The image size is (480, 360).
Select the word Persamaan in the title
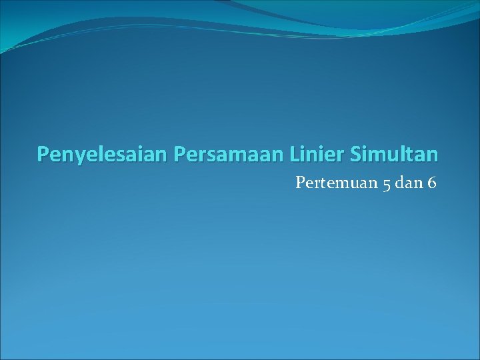coord(229,155)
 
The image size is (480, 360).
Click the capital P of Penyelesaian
coord(43,155)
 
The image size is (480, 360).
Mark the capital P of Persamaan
coord(179,155)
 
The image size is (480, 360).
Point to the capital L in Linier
coord(295,154)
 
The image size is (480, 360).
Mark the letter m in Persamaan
coord(235,156)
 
